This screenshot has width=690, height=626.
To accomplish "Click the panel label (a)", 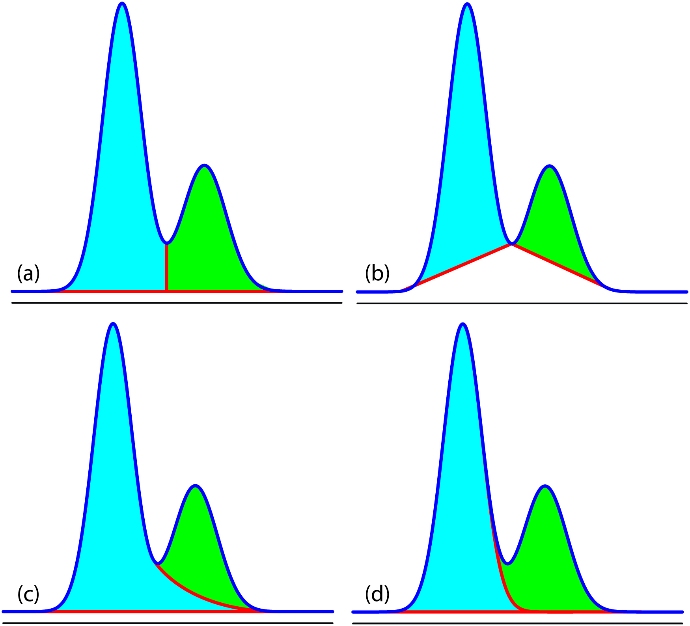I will (x=28, y=274).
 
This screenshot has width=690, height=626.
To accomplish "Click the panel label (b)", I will (x=377, y=274).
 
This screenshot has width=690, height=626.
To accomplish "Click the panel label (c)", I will (x=28, y=594).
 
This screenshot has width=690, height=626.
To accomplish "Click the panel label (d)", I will (x=377, y=594).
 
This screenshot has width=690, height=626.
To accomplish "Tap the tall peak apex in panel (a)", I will (x=122, y=4).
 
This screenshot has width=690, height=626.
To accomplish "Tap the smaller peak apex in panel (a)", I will (x=204, y=165).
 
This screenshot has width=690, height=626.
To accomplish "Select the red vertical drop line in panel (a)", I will (x=167, y=268).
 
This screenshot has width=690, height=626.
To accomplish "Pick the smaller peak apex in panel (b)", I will (x=549, y=166).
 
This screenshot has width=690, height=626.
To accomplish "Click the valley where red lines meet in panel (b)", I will (x=512, y=244).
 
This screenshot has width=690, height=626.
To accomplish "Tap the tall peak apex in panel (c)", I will (x=113, y=324).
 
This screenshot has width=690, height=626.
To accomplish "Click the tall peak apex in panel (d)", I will (x=463, y=324).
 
